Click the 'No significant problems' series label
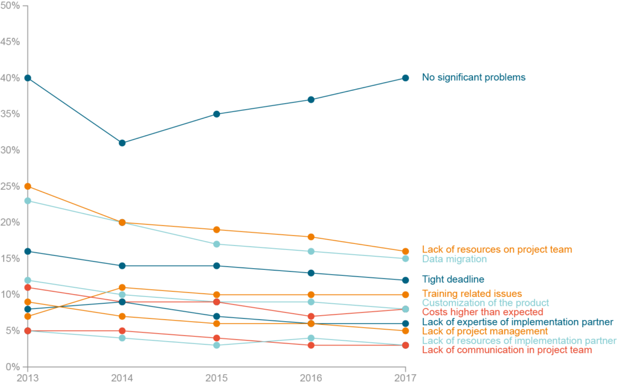point(474,77)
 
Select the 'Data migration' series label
point(454,259)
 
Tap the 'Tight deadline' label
point(453,280)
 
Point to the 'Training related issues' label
point(472,293)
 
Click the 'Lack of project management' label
point(485,331)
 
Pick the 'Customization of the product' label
point(485,302)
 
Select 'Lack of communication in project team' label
point(507,350)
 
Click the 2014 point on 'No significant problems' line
point(122,143)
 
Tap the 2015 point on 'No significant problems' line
point(216,114)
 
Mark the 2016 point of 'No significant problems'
point(311,99)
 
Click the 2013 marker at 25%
point(27,186)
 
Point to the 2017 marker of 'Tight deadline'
point(406,280)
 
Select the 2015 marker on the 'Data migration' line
point(216,244)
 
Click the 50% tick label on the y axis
point(11,5)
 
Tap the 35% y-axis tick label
point(11,114)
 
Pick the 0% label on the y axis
point(14,367)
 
